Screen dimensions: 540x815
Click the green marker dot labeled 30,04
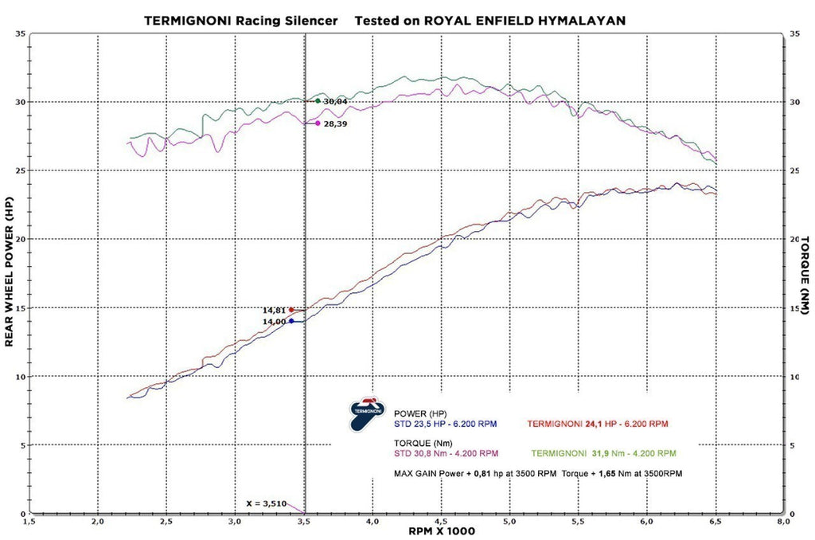click(x=318, y=101)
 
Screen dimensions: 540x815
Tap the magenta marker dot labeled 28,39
click(x=318, y=123)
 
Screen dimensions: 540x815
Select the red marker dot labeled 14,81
click(x=291, y=310)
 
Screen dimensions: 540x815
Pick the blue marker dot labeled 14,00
click(x=291, y=321)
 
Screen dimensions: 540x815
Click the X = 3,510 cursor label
click(x=266, y=503)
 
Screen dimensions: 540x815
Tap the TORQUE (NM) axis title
click(x=805, y=273)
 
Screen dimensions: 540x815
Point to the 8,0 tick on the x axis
click(x=783, y=522)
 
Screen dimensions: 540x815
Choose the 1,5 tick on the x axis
click(x=29, y=522)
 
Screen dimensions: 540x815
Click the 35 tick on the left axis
click(x=19, y=33)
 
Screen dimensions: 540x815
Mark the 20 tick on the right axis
click(x=794, y=239)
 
